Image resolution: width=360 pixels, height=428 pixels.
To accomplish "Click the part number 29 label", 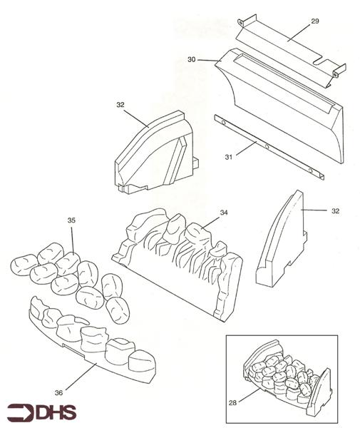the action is point(315,21).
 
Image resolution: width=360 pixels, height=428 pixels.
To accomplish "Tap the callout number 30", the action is point(192,59).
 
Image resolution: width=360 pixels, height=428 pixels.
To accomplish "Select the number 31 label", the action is point(229,157).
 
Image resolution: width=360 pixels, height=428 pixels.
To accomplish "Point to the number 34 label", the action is point(224,213).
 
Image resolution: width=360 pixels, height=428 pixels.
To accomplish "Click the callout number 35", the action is point(71,220).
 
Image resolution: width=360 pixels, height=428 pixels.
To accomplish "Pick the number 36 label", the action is point(58,393).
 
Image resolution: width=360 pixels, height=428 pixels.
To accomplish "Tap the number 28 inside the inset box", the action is point(232,402).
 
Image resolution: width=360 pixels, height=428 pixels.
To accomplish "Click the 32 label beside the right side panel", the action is point(336,210).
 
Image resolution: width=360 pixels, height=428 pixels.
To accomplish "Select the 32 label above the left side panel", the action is point(120,105).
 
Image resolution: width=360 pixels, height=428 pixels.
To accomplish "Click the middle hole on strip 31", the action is point(267,147).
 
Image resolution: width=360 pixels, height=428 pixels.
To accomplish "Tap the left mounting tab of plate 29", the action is point(240,22).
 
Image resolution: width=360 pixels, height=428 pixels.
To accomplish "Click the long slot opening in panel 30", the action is point(284,83).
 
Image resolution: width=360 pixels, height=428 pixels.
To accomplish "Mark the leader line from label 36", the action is point(81,377).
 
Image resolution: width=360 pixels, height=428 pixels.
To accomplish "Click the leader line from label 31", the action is point(247,148).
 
